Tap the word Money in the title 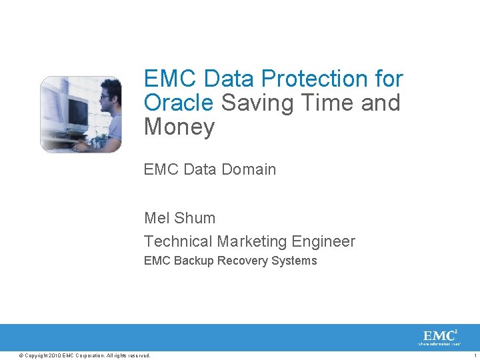(179, 127)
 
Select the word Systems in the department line (294, 261)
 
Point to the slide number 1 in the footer (474, 355)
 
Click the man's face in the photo (107, 100)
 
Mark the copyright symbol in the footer (21, 355)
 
